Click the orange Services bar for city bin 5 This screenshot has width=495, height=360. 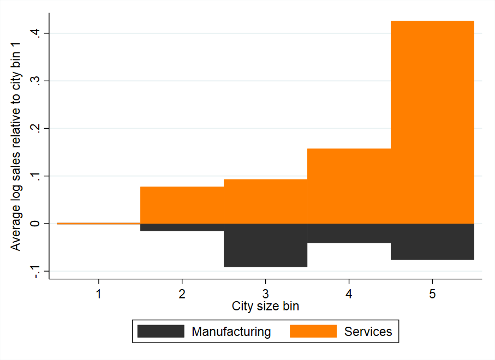(432, 122)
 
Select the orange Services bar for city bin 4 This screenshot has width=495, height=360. (349, 186)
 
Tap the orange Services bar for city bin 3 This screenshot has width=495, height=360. (265, 201)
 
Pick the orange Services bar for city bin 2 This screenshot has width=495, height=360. (182, 205)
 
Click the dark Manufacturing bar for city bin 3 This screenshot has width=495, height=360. (265, 245)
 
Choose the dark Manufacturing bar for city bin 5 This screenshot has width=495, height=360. (432, 242)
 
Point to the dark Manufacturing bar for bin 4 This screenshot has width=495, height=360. (349, 233)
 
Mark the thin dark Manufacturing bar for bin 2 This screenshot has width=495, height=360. (182, 227)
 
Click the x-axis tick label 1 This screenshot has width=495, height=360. (99, 294)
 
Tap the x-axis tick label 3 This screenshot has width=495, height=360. (265, 294)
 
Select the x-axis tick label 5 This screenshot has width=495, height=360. (432, 294)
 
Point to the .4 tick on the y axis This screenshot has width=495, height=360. (35, 33)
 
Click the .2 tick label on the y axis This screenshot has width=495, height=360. (35, 128)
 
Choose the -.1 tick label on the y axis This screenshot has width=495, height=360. (35, 271)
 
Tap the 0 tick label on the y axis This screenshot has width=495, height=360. (35, 224)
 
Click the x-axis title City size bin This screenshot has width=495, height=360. (265, 306)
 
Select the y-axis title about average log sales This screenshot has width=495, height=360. (15, 146)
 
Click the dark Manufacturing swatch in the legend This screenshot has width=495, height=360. (160, 331)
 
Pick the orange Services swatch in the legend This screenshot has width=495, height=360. (313, 331)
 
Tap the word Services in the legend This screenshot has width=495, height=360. (368, 332)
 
